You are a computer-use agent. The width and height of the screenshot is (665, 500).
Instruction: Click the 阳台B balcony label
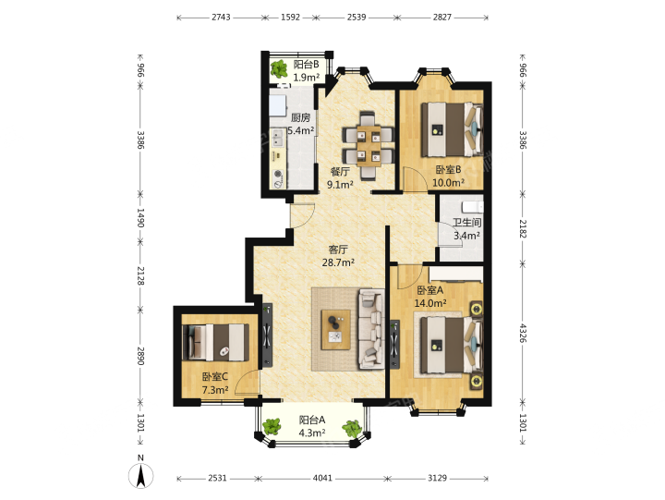pyautogui.click(x=307, y=65)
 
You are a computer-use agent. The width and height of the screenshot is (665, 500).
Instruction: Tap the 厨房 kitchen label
pyautogui.click(x=300, y=117)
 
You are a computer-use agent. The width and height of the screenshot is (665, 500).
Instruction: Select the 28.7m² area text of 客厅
pyautogui.click(x=338, y=262)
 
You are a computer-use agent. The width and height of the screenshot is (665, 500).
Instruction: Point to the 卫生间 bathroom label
pyautogui.click(x=467, y=223)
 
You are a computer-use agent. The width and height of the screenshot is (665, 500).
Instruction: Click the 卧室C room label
pyautogui.click(x=215, y=376)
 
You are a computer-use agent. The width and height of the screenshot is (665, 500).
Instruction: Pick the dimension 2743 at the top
pyautogui.click(x=221, y=18)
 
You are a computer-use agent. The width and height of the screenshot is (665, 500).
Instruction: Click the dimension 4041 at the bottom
pyautogui.click(x=322, y=479)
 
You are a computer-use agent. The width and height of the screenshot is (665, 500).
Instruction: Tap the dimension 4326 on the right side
pyautogui.click(x=523, y=334)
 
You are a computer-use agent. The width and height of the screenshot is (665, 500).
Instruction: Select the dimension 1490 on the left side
pyautogui.click(x=140, y=218)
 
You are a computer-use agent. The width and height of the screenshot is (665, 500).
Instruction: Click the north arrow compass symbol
pyautogui.click(x=141, y=475)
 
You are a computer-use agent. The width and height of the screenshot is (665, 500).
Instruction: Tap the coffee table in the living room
pyautogui.click(x=336, y=330)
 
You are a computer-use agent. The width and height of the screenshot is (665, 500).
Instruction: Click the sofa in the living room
pyautogui.click(x=372, y=328)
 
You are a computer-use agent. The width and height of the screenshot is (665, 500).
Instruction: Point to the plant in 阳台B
pyautogui.click(x=279, y=68)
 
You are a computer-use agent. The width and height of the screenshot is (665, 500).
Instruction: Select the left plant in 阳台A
pyautogui.click(x=272, y=426)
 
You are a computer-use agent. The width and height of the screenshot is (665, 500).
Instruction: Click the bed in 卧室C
pyautogui.click(x=215, y=343)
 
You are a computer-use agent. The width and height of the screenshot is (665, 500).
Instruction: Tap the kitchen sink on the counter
pyautogui.click(x=278, y=138)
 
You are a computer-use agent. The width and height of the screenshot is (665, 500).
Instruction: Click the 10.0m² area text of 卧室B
pyautogui.click(x=448, y=183)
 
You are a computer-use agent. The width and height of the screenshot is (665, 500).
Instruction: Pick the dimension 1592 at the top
pyautogui.click(x=291, y=18)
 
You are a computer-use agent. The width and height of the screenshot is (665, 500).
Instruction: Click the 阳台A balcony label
pyautogui.click(x=312, y=420)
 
